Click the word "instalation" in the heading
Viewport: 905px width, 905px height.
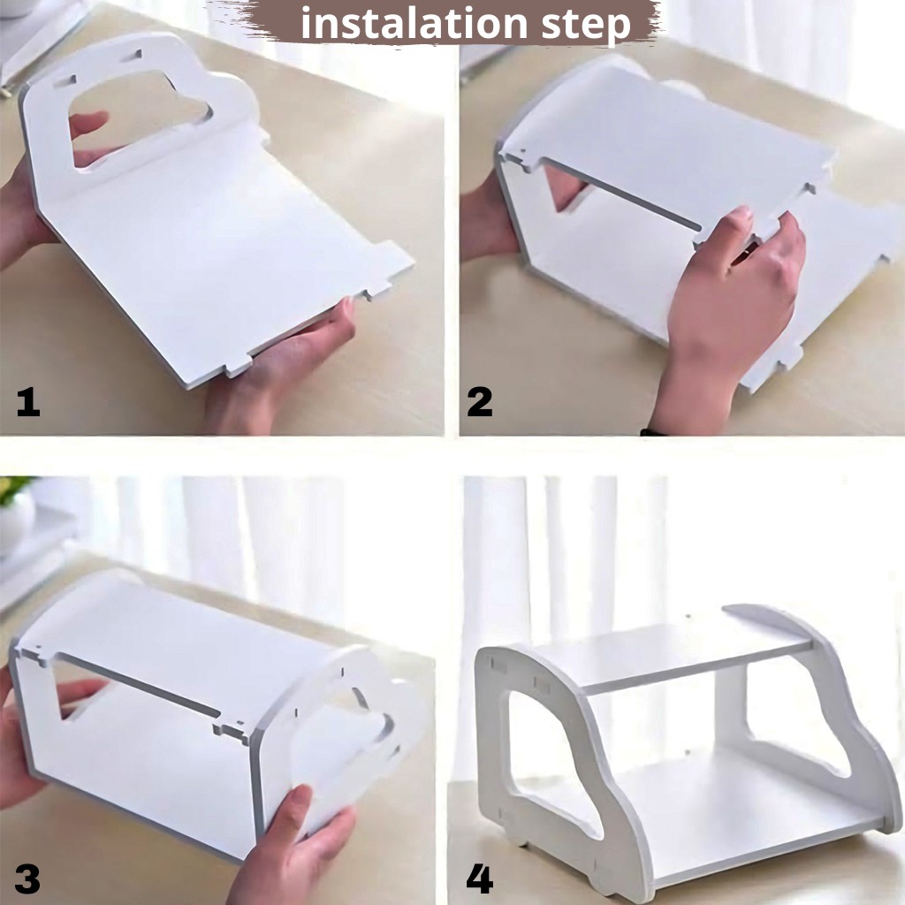414,23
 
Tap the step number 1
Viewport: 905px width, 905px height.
28,402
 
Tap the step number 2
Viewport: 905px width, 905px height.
480,402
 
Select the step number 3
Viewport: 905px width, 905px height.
27,879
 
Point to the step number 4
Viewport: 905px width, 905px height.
480,879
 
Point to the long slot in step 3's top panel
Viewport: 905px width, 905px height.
139,685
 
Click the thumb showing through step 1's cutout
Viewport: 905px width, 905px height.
87,124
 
